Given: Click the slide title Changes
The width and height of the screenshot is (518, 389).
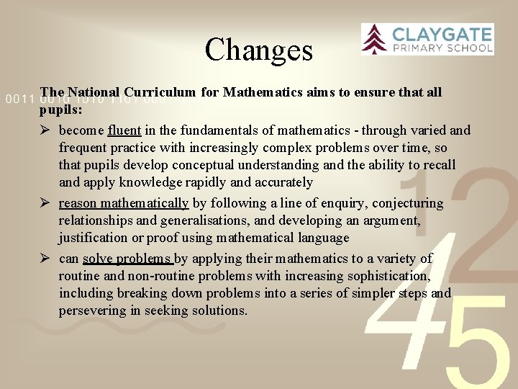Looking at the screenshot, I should pos(259,50).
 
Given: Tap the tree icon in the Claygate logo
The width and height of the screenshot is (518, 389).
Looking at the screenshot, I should pos(374,39).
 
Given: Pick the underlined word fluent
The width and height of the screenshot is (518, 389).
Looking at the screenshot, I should pos(124,130).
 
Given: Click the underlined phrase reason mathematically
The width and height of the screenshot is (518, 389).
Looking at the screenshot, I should pos(123,203).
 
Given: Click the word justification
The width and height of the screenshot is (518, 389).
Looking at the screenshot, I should pos(92,238).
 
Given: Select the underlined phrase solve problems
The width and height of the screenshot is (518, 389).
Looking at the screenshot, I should pos(127,259).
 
